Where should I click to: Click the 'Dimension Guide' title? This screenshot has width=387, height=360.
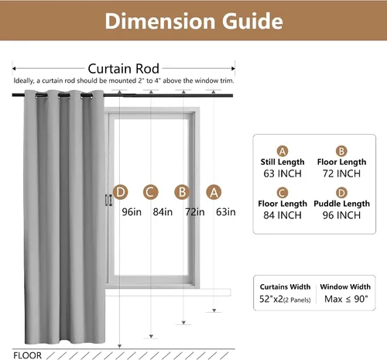click(x=193, y=21)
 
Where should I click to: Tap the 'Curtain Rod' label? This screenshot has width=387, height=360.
click(x=123, y=69)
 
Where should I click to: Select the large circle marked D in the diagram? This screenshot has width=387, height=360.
click(x=121, y=192)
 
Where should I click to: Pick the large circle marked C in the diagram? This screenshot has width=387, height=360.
click(x=151, y=192)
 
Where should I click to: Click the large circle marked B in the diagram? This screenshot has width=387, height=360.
click(x=182, y=192)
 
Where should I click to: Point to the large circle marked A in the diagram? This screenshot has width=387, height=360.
click(x=214, y=192)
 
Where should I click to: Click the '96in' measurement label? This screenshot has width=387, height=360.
click(x=132, y=212)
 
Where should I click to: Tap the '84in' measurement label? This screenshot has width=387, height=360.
click(x=163, y=212)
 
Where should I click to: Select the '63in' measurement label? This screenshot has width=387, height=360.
click(x=226, y=212)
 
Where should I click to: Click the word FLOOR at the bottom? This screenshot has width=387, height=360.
click(x=27, y=355)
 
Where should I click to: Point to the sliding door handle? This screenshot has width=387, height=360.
click(x=109, y=201)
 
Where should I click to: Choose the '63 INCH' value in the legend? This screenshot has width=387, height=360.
click(x=283, y=173)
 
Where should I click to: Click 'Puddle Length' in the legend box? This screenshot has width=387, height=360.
click(x=341, y=204)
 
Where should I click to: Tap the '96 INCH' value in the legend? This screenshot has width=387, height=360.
click(x=341, y=215)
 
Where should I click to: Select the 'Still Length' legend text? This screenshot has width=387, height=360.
click(x=283, y=162)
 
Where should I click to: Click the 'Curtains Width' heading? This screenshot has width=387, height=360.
click(x=285, y=287)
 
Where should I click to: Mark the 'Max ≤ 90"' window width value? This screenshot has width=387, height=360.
click(x=346, y=299)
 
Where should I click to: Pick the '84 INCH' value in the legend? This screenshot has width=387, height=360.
click(x=283, y=215)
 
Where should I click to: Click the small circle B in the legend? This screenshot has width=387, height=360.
click(x=341, y=151)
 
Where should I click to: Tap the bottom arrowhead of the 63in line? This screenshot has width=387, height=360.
click(x=214, y=310)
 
